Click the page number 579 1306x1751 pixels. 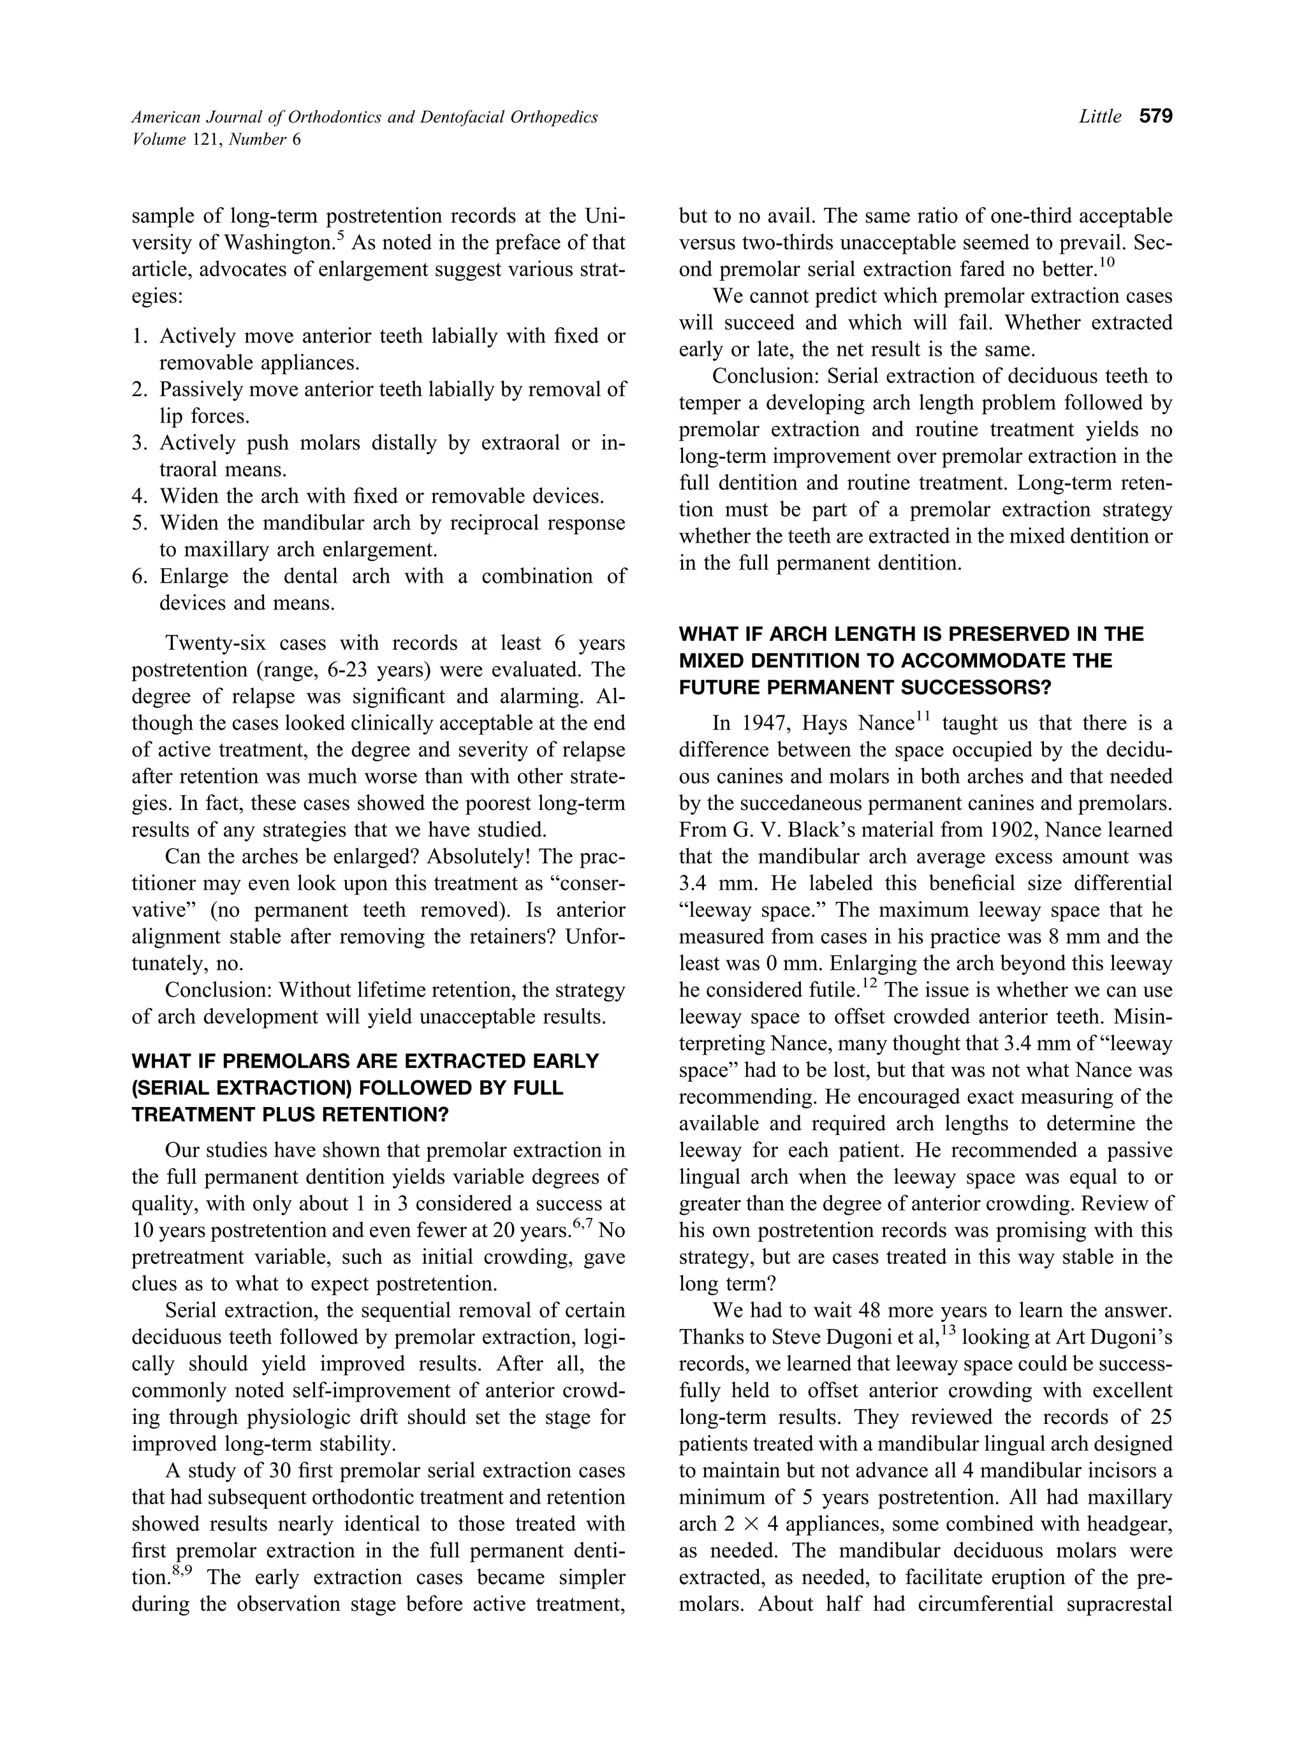click(x=1155, y=117)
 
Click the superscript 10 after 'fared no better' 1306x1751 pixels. click(x=1107, y=263)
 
